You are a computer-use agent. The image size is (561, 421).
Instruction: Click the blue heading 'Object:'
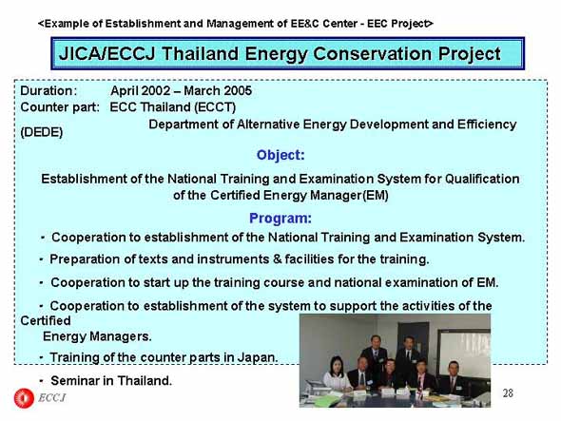tap(280, 155)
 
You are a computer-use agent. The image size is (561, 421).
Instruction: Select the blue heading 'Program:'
tap(280, 219)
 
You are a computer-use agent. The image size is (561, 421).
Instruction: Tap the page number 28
tap(508, 393)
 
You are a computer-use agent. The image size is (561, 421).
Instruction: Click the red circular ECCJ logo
tap(24, 398)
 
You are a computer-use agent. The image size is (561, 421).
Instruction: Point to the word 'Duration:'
tap(48, 91)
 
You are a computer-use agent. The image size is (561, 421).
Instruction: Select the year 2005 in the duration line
tap(237, 91)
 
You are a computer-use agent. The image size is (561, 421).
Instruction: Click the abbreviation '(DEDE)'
tap(42, 132)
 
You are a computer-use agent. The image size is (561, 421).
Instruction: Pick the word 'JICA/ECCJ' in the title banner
tap(107, 54)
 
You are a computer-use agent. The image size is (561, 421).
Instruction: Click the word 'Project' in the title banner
tap(469, 54)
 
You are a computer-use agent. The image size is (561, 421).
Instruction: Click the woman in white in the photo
tap(337, 373)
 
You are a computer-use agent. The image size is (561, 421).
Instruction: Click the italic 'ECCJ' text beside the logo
tap(52, 398)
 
